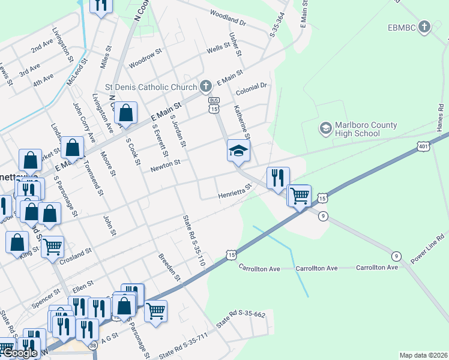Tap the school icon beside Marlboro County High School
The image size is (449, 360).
click(x=325, y=128)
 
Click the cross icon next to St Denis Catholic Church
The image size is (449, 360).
click(x=206, y=85)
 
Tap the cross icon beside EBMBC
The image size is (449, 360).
click(x=425, y=26)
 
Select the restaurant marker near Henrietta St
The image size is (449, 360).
click(x=277, y=177)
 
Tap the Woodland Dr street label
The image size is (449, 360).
click(x=228, y=17)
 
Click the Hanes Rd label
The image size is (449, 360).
click(x=441, y=120)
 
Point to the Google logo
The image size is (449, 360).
click(x=19, y=353)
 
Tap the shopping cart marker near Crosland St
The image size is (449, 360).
click(x=53, y=245)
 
